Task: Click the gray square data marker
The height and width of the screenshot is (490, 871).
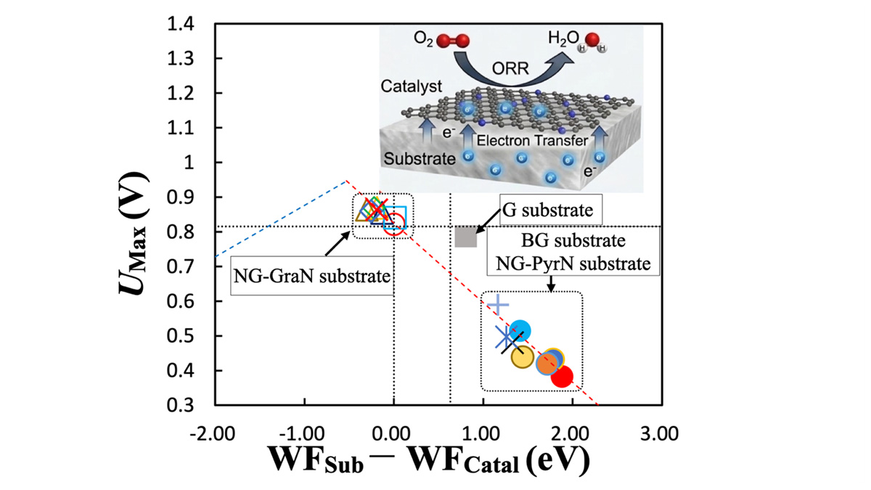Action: pyautogui.click(x=466, y=237)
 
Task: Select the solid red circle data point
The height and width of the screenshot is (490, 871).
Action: pyautogui.click(x=562, y=377)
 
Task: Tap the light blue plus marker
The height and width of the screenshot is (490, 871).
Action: pyautogui.click(x=498, y=306)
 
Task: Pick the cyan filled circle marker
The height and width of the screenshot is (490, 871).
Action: pyautogui.click(x=520, y=330)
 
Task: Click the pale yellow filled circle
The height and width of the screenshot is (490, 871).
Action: pyautogui.click(x=522, y=357)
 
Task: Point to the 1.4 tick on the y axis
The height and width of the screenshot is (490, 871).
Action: pyautogui.click(x=181, y=24)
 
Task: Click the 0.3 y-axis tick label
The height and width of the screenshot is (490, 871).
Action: pyautogui.click(x=181, y=405)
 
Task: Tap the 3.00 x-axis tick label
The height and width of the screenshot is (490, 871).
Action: pyautogui.click(x=660, y=433)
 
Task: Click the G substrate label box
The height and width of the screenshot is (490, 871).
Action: pyautogui.click(x=551, y=210)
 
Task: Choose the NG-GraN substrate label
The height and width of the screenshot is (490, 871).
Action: pyautogui.click(x=312, y=276)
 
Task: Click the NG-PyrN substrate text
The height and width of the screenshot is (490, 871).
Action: pyautogui.click(x=573, y=264)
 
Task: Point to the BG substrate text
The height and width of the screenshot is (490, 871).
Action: pyautogui.click(x=573, y=241)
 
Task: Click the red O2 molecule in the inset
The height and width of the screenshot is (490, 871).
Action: pyautogui.click(x=453, y=41)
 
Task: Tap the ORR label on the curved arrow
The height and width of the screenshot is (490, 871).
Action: pyautogui.click(x=510, y=69)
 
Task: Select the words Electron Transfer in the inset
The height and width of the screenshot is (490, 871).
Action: pyautogui.click(x=532, y=140)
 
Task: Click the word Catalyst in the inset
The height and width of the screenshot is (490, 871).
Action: pyautogui.click(x=412, y=86)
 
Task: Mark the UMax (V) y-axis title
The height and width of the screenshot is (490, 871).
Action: pyautogui.click(x=134, y=233)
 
